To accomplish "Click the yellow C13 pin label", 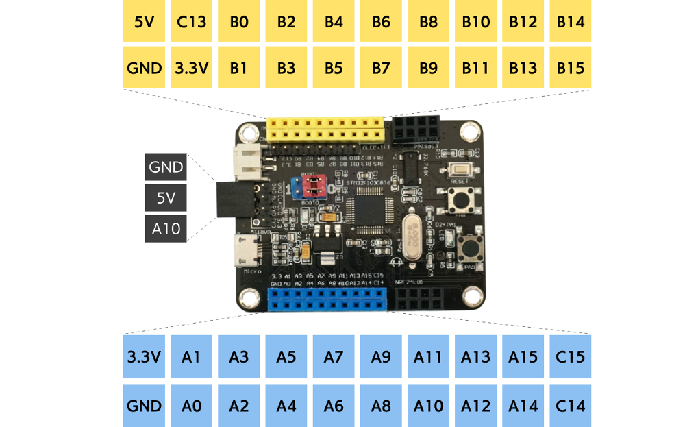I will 191,21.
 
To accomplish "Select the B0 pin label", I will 238,21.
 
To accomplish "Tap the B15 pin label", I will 571,68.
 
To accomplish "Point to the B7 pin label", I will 381,68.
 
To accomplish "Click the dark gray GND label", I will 166,167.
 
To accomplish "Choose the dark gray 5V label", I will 166,198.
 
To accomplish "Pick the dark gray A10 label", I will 166,229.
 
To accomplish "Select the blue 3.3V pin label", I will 144,357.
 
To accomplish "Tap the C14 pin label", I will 571,406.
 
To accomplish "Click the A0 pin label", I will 191,406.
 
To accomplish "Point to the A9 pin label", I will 381,357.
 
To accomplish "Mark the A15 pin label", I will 523,357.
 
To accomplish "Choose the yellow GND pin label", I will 144,68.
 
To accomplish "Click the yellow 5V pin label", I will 144,21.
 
